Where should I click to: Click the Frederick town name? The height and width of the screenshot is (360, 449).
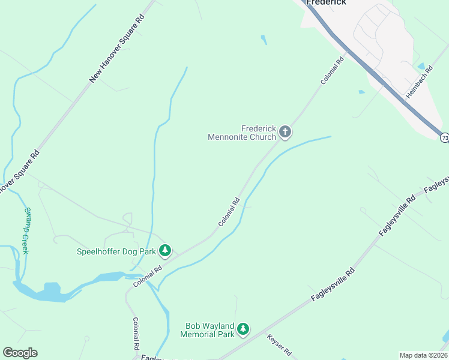pos(327,2)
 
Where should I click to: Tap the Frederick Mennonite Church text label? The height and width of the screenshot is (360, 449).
pos(241,133)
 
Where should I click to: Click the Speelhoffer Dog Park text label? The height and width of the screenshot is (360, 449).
pos(116,251)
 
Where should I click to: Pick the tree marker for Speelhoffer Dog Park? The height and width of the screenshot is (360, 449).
pos(165,251)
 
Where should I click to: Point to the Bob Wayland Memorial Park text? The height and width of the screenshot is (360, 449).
pos(209,329)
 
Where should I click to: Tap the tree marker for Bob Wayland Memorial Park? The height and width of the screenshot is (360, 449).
pos(243,329)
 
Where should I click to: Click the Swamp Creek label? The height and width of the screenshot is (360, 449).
pos(25,230)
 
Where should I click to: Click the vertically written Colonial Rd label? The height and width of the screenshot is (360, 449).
pos(136,334)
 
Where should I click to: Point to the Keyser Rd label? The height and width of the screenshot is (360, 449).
pos(279,344)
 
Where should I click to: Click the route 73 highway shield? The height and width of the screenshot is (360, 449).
pos(444,138)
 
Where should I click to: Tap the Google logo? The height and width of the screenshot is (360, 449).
pos(20,353)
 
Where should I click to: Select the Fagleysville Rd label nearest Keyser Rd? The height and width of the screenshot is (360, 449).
pos(333,285)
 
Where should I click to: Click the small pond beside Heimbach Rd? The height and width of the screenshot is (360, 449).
pos(421,66)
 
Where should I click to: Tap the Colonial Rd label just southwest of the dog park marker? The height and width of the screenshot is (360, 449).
pos(148,276)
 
